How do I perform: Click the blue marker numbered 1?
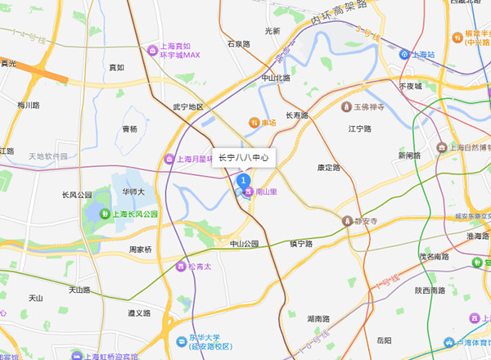(x=242, y=180)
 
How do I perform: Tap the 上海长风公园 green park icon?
(x=105, y=214)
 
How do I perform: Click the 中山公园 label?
(x=243, y=244)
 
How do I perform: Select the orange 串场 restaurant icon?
(x=254, y=123)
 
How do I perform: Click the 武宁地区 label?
(x=187, y=106)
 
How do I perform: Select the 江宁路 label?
(x=360, y=129)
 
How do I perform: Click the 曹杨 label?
(x=129, y=128)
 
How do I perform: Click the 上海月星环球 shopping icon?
(x=169, y=159)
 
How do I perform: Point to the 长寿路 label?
(x=296, y=115)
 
